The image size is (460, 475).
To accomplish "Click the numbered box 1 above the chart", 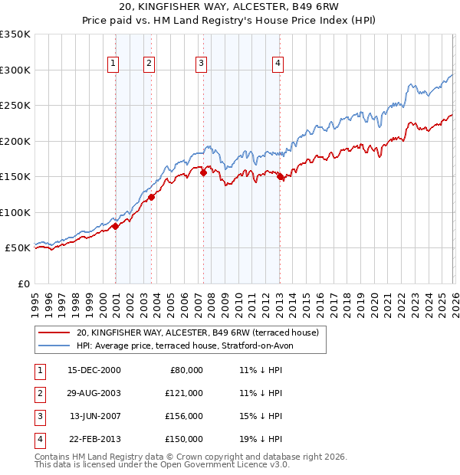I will pyautogui.click(x=113, y=64).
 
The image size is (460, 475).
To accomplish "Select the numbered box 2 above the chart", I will pyautogui.click(x=149, y=64).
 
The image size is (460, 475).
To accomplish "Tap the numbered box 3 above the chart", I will pyautogui.click(x=201, y=64).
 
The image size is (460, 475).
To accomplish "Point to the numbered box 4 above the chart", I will pyautogui.click(x=278, y=64).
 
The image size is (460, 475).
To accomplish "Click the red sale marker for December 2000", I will pyautogui.click(x=115, y=226).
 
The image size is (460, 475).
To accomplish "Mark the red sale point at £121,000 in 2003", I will pyautogui.click(x=152, y=197).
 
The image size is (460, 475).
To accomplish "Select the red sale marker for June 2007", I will pyautogui.click(x=203, y=172).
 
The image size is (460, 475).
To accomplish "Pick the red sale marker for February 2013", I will pyautogui.click(x=280, y=177).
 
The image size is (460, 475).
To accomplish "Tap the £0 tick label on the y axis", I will pyautogui.click(x=23, y=283).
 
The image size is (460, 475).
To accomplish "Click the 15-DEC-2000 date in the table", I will pyautogui.click(x=94, y=370).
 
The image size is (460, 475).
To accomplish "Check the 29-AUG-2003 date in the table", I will pyautogui.click(x=94, y=393).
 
